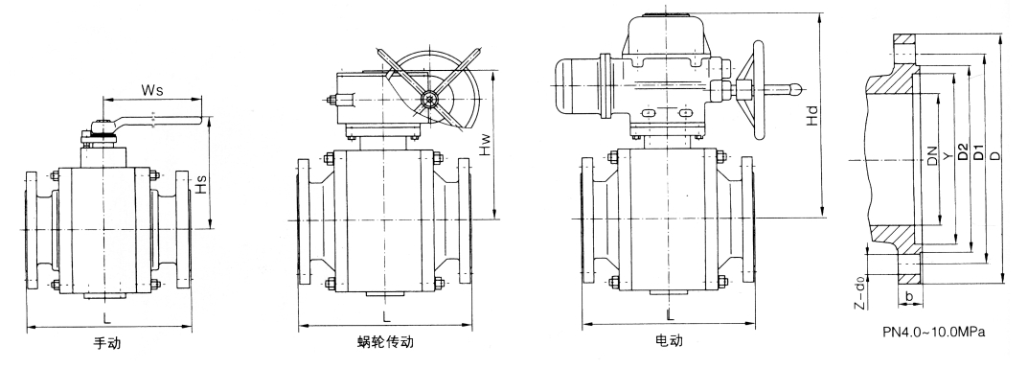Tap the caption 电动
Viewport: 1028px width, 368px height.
pos(669,341)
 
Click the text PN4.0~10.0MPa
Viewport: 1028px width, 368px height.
pos(934,333)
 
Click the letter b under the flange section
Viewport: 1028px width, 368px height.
pos(908,295)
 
